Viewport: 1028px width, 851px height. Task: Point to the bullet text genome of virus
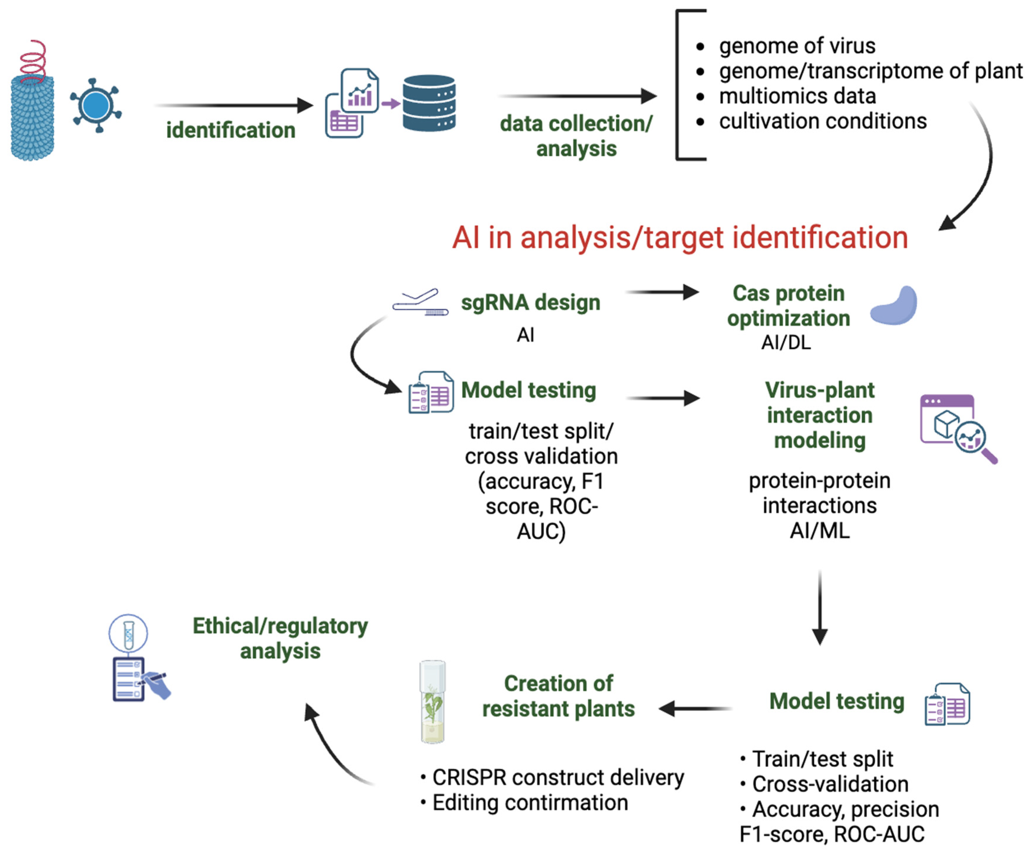797,46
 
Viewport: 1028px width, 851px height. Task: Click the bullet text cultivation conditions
822,121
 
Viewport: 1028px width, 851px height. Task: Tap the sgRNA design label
531,302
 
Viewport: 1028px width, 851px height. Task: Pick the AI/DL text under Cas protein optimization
786,342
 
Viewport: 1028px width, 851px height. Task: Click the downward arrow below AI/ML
820,607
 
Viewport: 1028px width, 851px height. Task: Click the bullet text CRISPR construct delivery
557,777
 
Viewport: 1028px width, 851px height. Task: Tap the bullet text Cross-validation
830,784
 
